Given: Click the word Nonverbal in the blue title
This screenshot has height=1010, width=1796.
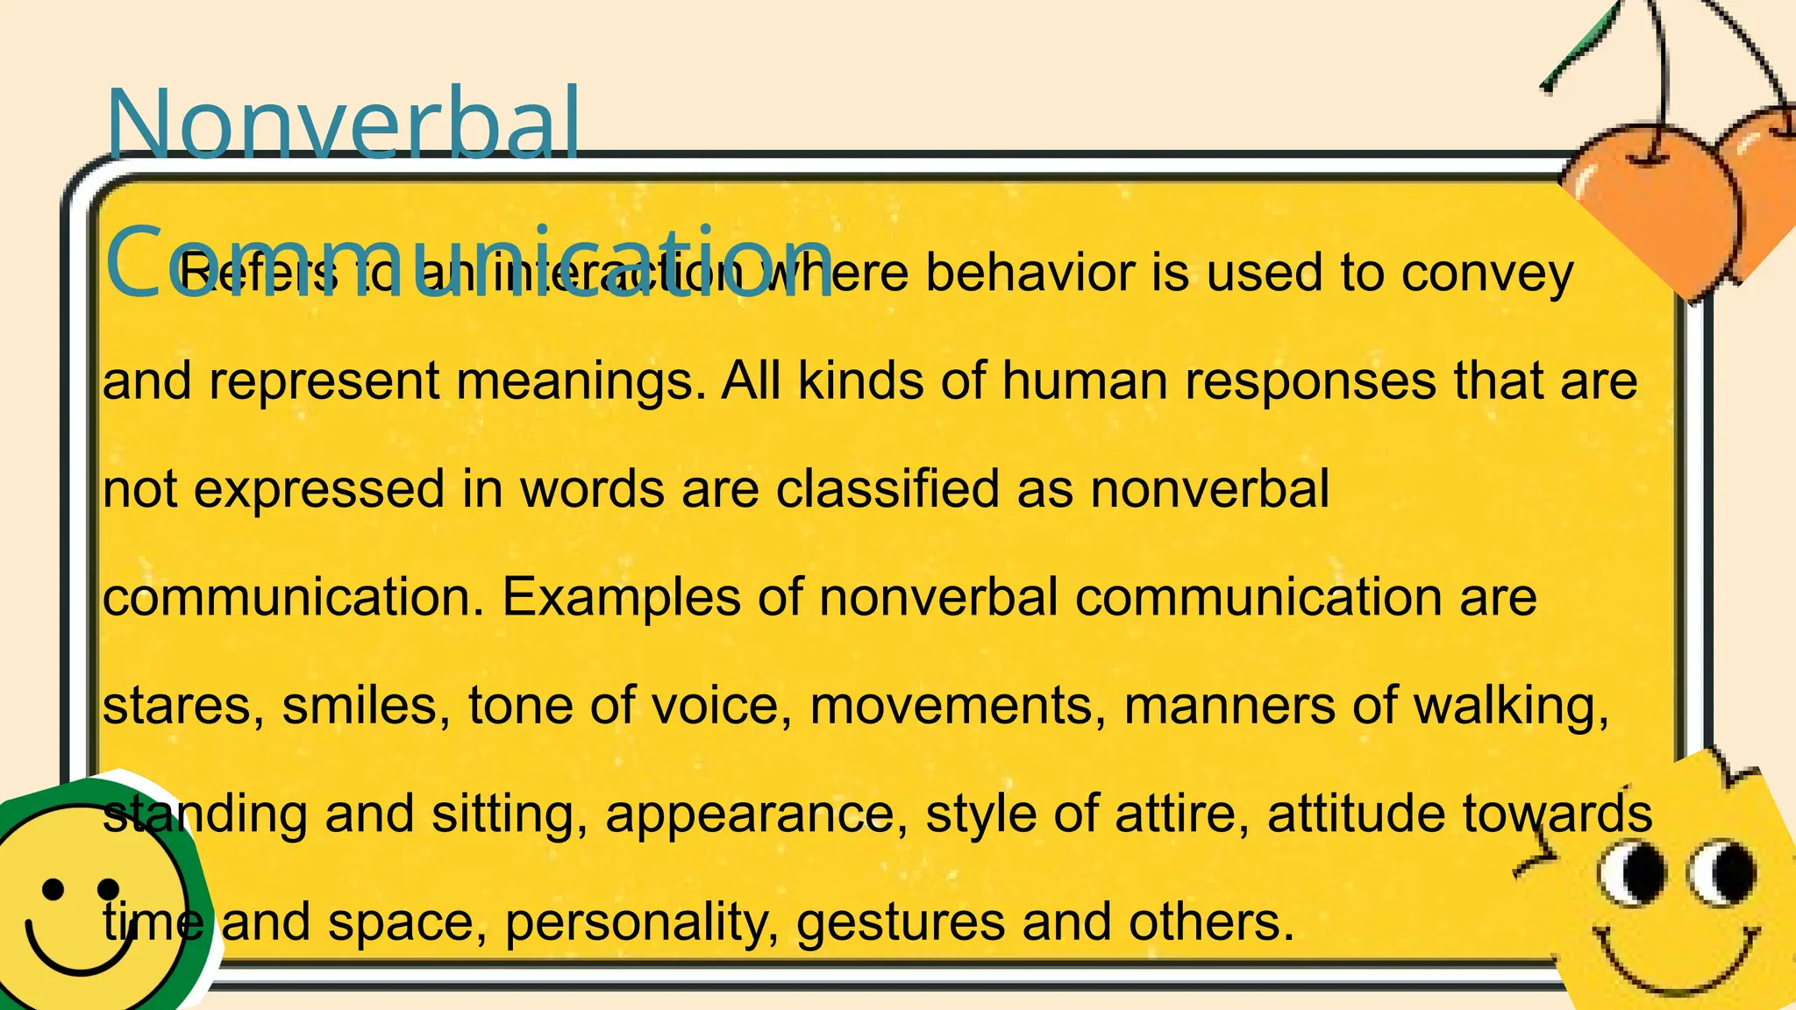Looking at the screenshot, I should click(x=342, y=123).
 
